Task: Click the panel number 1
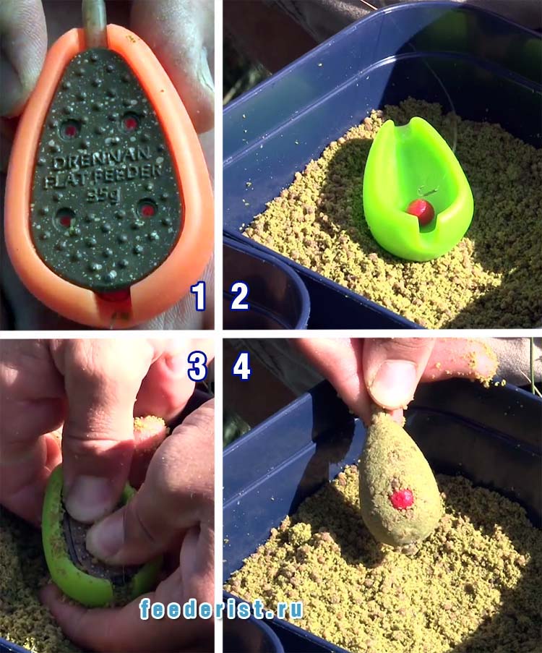(199, 296)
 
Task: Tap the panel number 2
(239, 296)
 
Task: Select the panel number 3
(197, 367)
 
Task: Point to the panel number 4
(242, 367)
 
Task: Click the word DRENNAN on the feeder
(102, 158)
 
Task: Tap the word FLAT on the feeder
(67, 179)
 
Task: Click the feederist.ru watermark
(221, 610)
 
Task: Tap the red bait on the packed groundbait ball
(402, 499)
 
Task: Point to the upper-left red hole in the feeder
(70, 130)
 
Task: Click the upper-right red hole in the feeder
(131, 123)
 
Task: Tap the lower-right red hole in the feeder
(147, 210)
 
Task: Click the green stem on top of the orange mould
(96, 22)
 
